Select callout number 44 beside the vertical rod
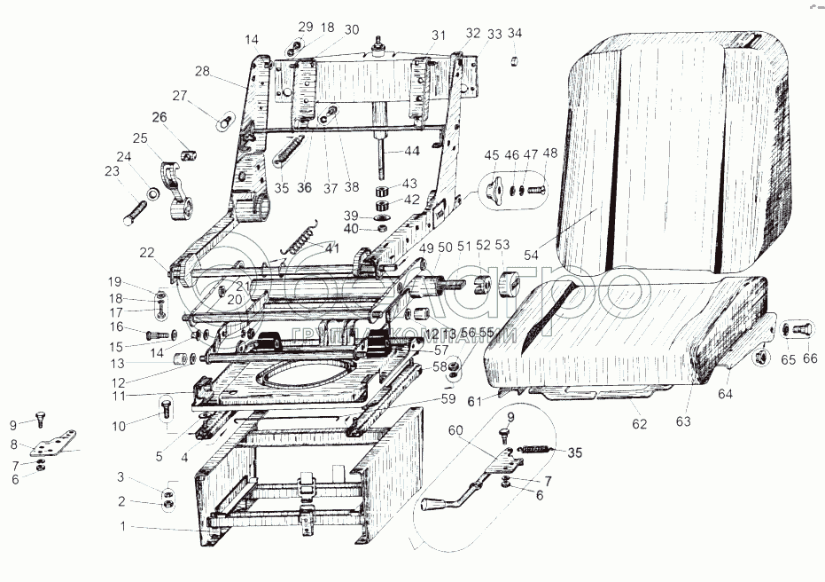coord(412,152)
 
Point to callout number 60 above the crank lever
coord(455,430)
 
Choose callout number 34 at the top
coord(515,34)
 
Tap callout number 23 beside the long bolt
coord(112,172)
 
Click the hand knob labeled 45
coord(494,188)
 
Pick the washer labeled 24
coord(152,193)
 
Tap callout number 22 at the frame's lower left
coord(145,253)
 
